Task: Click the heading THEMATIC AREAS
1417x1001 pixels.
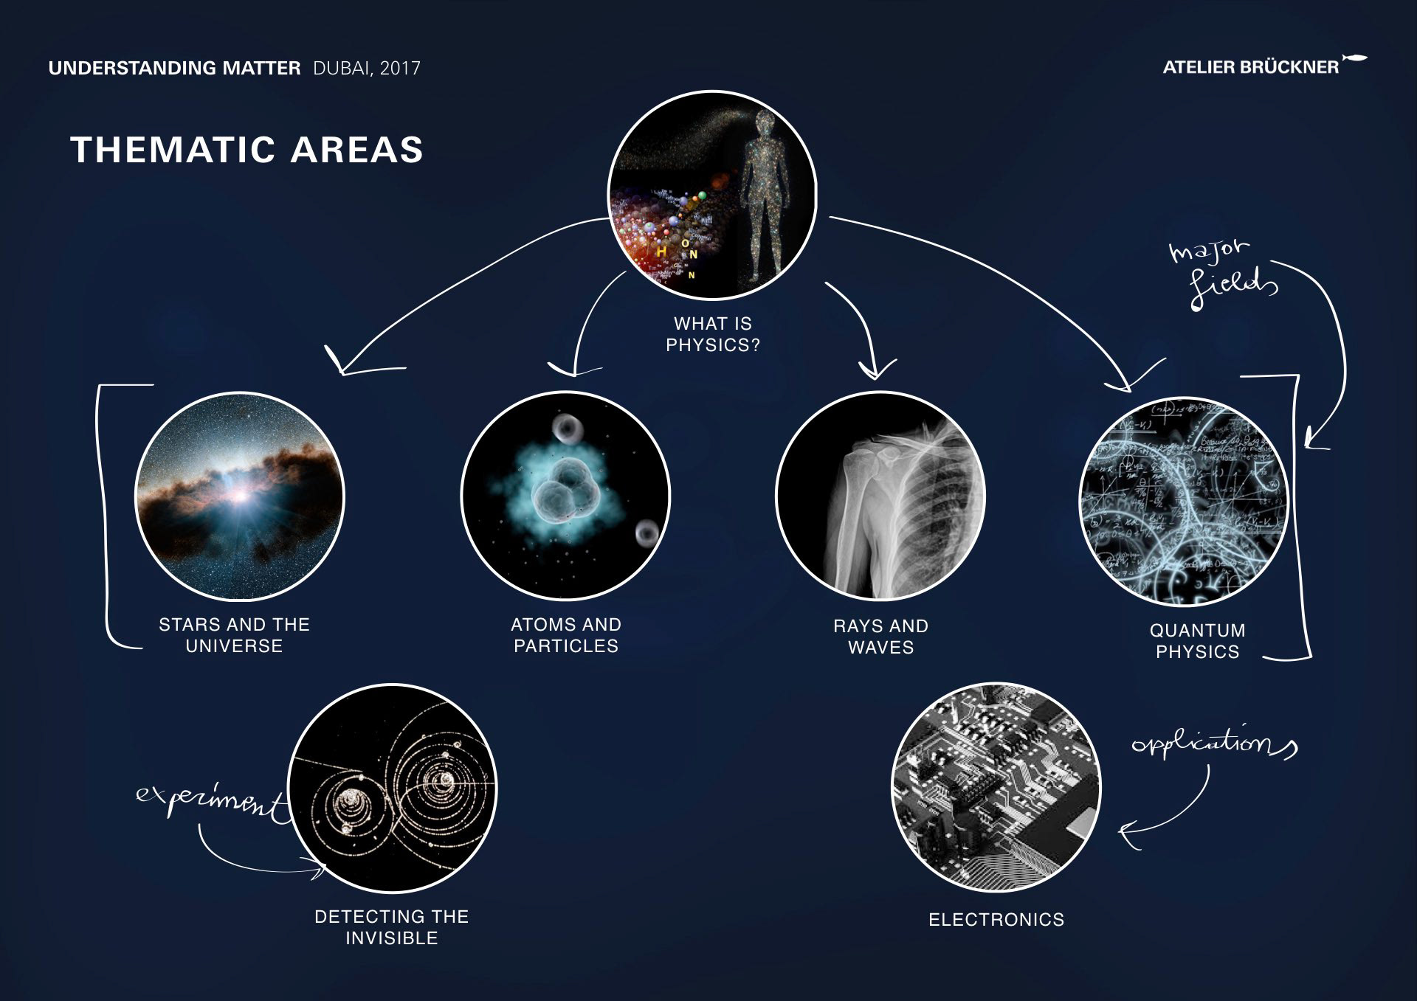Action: [x=246, y=150]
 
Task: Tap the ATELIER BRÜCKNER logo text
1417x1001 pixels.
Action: [x=1250, y=67]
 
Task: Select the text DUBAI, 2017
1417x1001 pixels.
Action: [x=367, y=69]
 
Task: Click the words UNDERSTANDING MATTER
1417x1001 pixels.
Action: [x=174, y=69]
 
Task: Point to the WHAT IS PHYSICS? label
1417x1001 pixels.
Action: [x=713, y=334]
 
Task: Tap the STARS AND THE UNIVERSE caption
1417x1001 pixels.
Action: [x=234, y=635]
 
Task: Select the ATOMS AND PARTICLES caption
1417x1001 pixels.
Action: [x=566, y=635]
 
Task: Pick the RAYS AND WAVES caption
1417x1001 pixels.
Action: [x=880, y=637]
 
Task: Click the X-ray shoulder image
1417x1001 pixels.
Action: [x=880, y=496]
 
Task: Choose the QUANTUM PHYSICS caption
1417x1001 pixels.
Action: [x=1197, y=641]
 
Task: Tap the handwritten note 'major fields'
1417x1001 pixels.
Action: [x=1223, y=272]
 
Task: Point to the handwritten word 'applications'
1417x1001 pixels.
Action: [x=1214, y=742]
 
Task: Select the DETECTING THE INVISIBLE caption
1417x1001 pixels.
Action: [x=392, y=927]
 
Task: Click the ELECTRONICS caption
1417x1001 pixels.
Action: [x=996, y=920]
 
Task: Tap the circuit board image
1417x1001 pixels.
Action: [x=996, y=787]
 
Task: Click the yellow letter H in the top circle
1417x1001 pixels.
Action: [x=661, y=252]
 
